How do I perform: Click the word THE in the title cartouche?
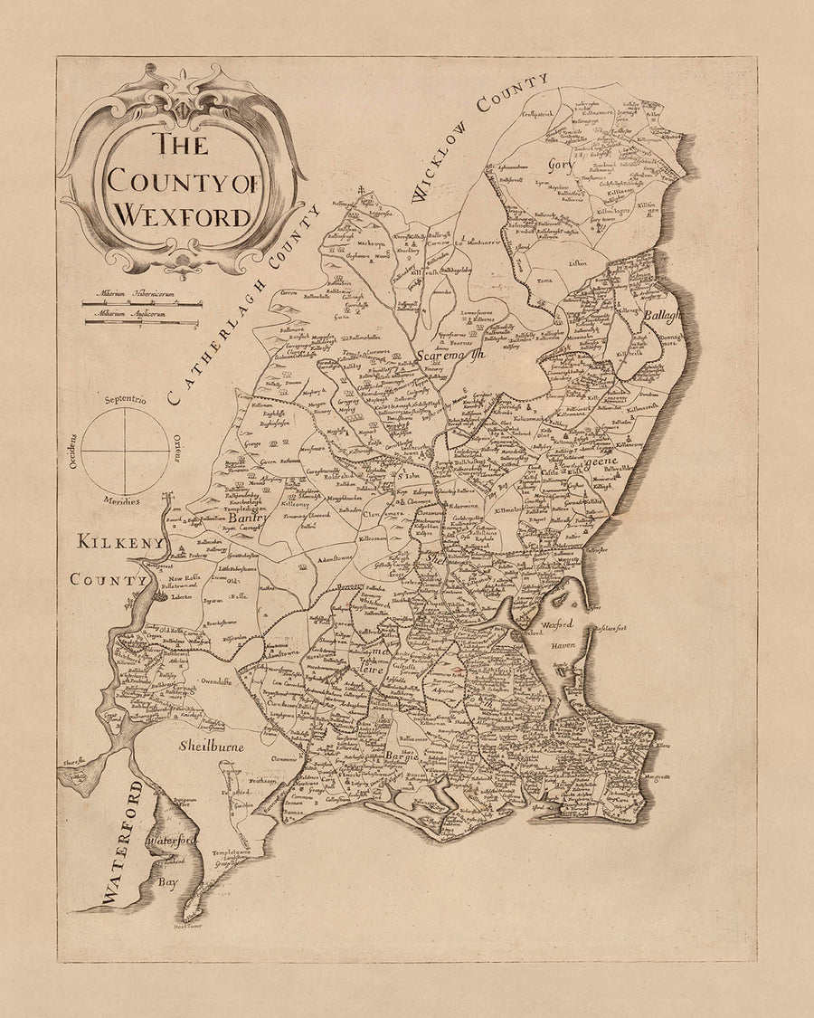[x=179, y=144]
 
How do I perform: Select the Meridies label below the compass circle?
[x=121, y=500]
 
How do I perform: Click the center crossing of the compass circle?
[x=125, y=450]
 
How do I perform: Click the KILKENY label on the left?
[x=120, y=543]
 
